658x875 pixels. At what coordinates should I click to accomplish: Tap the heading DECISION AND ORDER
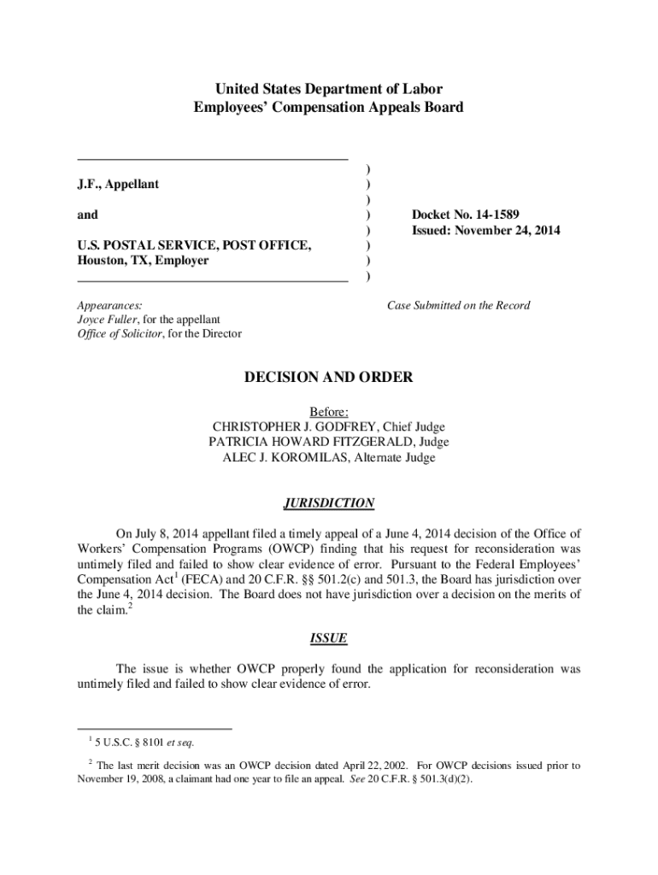coord(329,377)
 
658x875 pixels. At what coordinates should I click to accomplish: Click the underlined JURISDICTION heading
coord(329,503)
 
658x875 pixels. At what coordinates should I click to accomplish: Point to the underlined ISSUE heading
coord(329,638)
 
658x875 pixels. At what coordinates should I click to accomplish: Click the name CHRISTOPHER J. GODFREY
coord(295,426)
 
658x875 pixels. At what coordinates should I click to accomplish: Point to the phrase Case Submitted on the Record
coord(458,305)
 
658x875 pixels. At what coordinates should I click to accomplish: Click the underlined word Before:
coord(329,411)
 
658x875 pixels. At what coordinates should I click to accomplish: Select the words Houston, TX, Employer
coord(143,261)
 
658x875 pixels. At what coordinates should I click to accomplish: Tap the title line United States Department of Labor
coord(329,89)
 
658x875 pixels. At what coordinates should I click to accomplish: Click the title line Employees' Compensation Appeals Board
coord(329,108)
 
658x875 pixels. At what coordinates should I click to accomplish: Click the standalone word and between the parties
coord(88,214)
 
